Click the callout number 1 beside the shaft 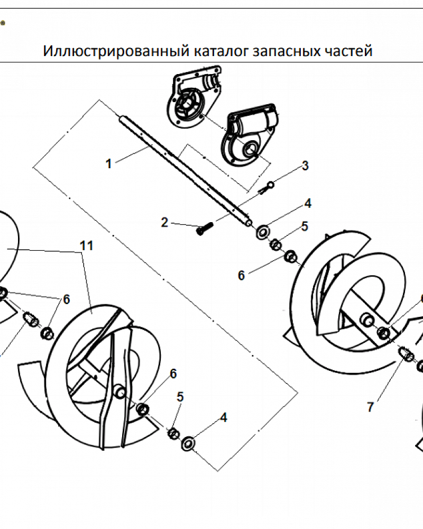(x=109, y=163)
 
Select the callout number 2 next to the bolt (x=165, y=223)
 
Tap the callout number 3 (x=305, y=166)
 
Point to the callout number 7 (x=370, y=407)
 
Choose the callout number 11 (x=87, y=245)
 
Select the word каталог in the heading (x=221, y=51)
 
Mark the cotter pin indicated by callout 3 (x=268, y=186)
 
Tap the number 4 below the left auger (x=224, y=417)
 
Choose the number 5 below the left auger (x=180, y=397)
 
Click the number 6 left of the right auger (x=241, y=276)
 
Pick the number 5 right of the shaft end (x=305, y=226)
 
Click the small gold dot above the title (x=2, y=23)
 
